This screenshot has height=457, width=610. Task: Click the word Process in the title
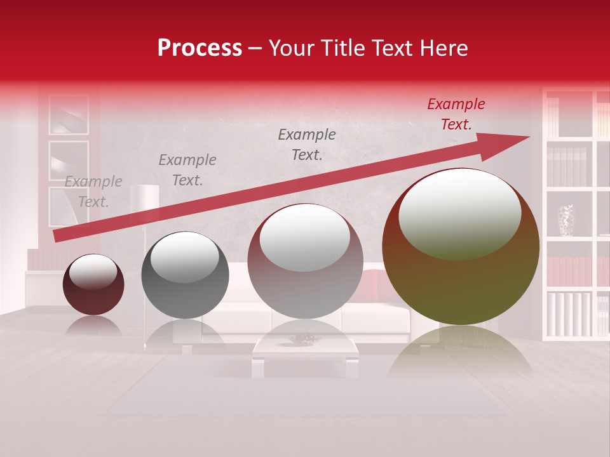tap(200, 48)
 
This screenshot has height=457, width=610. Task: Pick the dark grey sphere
tap(185, 275)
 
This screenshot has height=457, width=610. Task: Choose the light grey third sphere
tap(305, 261)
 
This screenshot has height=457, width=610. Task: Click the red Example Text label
tap(456, 114)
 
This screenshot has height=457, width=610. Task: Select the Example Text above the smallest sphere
tap(93, 192)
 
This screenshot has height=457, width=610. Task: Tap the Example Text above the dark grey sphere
tap(187, 170)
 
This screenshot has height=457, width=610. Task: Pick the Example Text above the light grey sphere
tap(307, 145)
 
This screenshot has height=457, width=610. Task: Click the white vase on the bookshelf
tap(566, 220)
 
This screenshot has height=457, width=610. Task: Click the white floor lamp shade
tap(144, 195)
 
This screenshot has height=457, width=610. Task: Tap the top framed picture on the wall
tap(69, 115)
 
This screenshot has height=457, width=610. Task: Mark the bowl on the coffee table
tap(304, 339)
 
